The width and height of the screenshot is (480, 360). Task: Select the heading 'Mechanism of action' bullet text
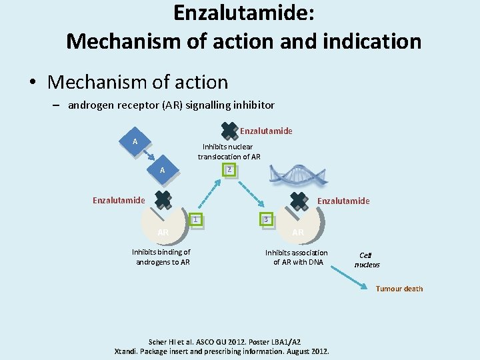pyautogui.click(x=138, y=83)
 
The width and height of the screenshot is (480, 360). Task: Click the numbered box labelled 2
pyautogui.click(x=229, y=171)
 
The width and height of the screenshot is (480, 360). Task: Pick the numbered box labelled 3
pyautogui.click(x=267, y=219)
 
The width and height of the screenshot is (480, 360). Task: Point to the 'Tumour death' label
pyautogui.click(x=399, y=289)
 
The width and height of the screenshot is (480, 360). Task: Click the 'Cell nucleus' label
pyautogui.click(x=367, y=259)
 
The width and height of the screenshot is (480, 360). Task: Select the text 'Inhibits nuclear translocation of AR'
pyautogui.click(x=229, y=151)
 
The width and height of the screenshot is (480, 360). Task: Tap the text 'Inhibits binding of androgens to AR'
pyautogui.click(x=161, y=257)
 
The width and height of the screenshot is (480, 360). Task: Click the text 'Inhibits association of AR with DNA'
pyautogui.click(x=296, y=257)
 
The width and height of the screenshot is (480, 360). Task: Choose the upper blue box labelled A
pyautogui.click(x=135, y=142)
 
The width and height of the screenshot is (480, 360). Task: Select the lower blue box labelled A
pyautogui.click(x=162, y=171)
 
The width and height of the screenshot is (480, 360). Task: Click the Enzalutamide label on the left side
pyautogui.click(x=119, y=200)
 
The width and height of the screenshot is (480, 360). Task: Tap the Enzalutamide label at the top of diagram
pyautogui.click(x=266, y=131)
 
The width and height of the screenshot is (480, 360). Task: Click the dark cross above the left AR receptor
pyautogui.click(x=163, y=199)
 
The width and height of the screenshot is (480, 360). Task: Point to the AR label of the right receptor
pyautogui.click(x=298, y=232)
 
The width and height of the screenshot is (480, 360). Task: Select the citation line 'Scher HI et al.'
pyautogui.click(x=223, y=341)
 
